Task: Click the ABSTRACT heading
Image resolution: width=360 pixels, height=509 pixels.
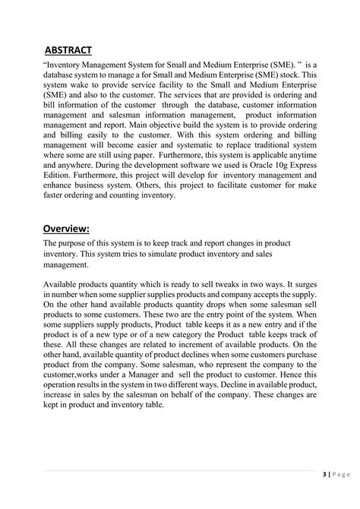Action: [x=68, y=50]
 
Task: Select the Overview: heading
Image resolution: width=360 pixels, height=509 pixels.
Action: [x=67, y=228]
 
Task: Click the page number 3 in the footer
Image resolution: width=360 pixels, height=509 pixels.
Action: [x=325, y=475]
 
